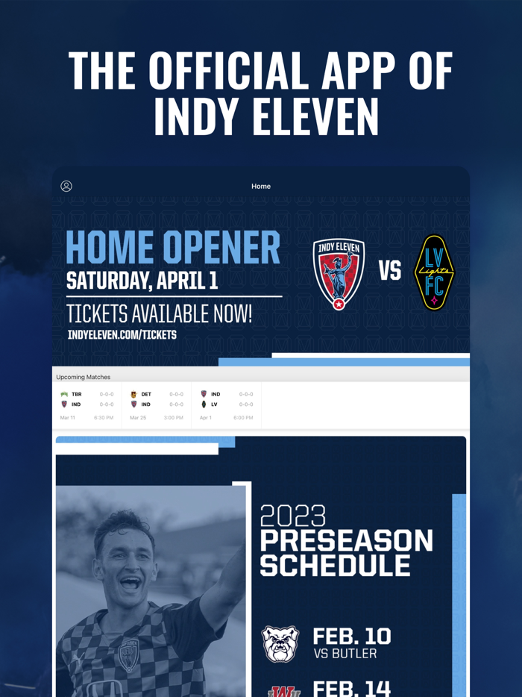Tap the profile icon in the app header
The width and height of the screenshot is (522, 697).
click(x=66, y=186)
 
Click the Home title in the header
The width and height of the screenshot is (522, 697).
click(x=261, y=187)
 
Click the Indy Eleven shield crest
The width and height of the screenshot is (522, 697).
click(x=339, y=273)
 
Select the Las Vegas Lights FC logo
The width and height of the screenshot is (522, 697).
click(x=434, y=272)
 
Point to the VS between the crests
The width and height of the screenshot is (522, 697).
click(x=389, y=271)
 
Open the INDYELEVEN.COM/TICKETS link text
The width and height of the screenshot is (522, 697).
click(x=122, y=335)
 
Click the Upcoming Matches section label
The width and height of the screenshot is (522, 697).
click(x=84, y=377)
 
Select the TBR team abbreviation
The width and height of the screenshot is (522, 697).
click(x=77, y=394)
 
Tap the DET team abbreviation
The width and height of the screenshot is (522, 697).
click(x=146, y=394)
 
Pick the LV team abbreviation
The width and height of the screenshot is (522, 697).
click(x=214, y=404)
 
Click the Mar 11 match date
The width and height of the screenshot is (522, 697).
click(x=68, y=418)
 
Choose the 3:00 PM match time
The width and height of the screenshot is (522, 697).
click(x=174, y=418)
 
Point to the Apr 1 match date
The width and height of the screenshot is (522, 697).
click(x=206, y=418)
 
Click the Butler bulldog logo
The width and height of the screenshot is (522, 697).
click(x=281, y=644)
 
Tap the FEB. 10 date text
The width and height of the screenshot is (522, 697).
click(x=351, y=636)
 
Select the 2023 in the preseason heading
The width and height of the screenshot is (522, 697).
click(x=293, y=516)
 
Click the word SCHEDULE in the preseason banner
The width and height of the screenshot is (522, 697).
click(x=335, y=566)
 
